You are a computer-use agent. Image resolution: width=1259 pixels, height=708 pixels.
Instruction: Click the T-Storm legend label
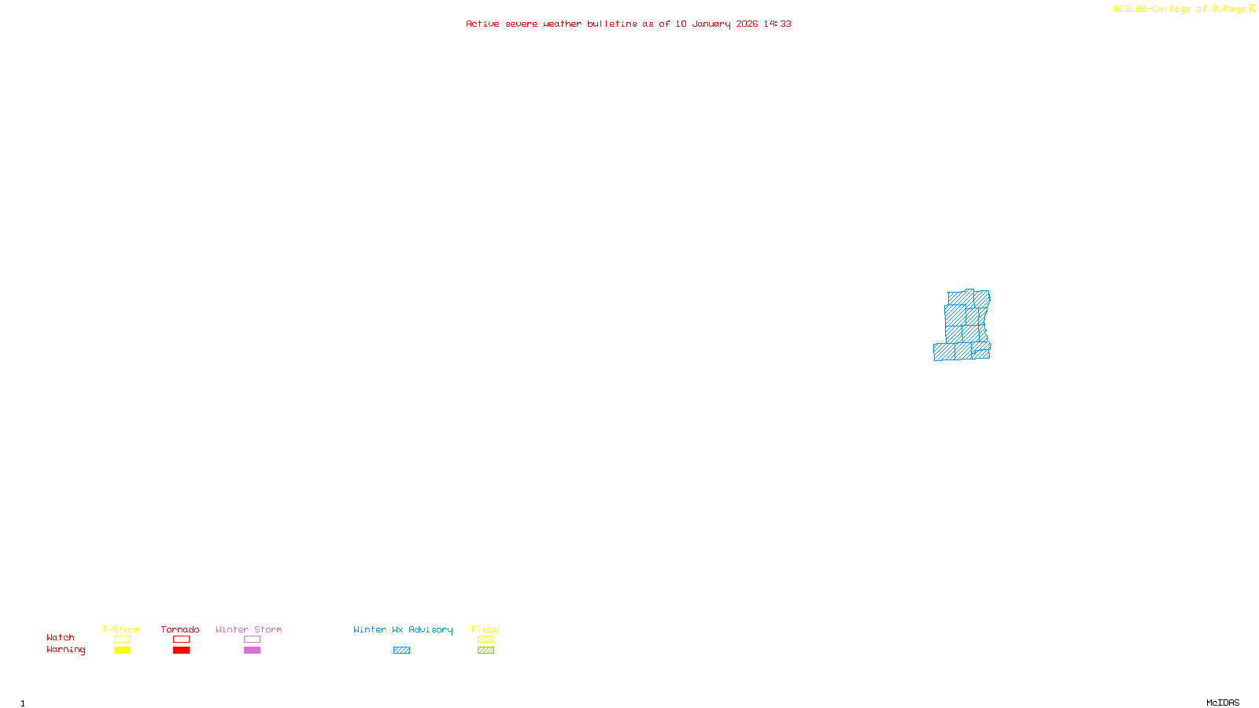pyautogui.click(x=121, y=629)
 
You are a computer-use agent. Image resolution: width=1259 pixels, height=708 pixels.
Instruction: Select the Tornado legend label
pyautogui.click(x=180, y=629)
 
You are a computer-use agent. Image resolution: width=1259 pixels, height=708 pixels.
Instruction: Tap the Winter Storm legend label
pyautogui.click(x=249, y=629)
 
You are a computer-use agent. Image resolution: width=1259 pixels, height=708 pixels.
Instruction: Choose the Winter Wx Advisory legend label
pyautogui.click(x=403, y=629)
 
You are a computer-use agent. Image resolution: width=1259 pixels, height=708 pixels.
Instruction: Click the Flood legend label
pyautogui.click(x=486, y=629)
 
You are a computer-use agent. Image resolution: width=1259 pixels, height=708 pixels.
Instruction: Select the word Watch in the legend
pyautogui.click(x=61, y=637)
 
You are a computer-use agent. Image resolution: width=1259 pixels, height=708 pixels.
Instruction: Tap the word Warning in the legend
pyautogui.click(x=66, y=650)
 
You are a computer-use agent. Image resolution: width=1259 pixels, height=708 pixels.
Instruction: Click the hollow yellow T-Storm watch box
pyautogui.click(x=122, y=640)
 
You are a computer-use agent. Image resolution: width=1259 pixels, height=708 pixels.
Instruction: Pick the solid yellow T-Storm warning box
pyautogui.click(x=122, y=651)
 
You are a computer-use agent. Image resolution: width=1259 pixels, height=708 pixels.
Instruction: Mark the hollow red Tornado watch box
pyautogui.click(x=181, y=640)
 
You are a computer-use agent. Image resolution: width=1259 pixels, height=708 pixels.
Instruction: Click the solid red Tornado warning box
pyautogui.click(x=181, y=651)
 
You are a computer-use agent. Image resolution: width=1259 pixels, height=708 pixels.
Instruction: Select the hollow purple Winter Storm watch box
pyautogui.click(x=252, y=640)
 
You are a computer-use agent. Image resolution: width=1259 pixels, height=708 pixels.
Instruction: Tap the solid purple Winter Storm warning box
pyautogui.click(x=252, y=651)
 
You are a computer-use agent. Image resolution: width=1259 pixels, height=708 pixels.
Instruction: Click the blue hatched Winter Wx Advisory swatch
pyautogui.click(x=401, y=651)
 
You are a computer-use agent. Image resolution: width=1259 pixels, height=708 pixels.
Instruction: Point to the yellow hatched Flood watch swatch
pyautogui.click(x=486, y=640)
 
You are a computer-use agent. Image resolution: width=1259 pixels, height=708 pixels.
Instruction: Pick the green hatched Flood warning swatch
pyautogui.click(x=486, y=651)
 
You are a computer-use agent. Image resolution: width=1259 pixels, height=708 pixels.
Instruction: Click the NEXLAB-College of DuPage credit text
pyautogui.click(x=1180, y=9)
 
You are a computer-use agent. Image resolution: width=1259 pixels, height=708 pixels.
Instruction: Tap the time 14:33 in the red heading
pyautogui.click(x=777, y=24)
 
